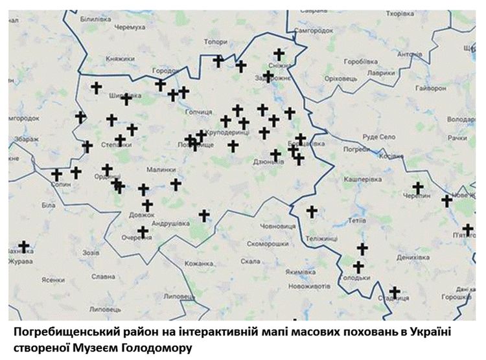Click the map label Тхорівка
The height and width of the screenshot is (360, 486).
coord(400,14)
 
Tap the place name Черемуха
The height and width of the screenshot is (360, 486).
coord(128,27)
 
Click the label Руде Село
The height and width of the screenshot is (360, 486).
coord(379,137)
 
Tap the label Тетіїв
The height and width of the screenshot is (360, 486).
coord(357,220)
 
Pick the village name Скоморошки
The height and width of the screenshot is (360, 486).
coord(268,244)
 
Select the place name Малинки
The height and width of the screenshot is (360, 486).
coord(161,170)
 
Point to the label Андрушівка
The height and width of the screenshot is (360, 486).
coord(171,223)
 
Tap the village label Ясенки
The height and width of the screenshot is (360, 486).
coord(52,280)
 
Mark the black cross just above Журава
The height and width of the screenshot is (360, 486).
coord(24,247)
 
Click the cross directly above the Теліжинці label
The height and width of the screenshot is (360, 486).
coord(312,211)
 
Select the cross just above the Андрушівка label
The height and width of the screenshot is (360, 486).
coord(204,215)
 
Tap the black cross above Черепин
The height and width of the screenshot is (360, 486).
coord(418,187)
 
